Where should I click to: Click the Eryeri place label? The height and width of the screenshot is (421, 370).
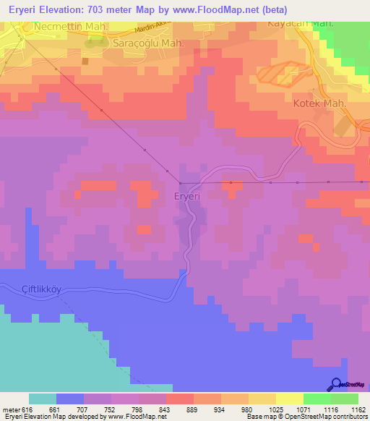coord(187,195)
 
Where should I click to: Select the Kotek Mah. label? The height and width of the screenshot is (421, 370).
coord(320,103)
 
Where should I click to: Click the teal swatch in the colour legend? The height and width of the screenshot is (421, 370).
coord(43,399)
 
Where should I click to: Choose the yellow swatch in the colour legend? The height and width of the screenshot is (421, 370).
coord(290,399)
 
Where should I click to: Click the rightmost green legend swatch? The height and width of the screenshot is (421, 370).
coord(345,399)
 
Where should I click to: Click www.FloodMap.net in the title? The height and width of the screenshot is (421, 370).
coord(224,9)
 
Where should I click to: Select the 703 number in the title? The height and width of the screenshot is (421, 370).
coord(109,9)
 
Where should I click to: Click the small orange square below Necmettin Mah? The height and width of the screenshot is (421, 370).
coord(85,61)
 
